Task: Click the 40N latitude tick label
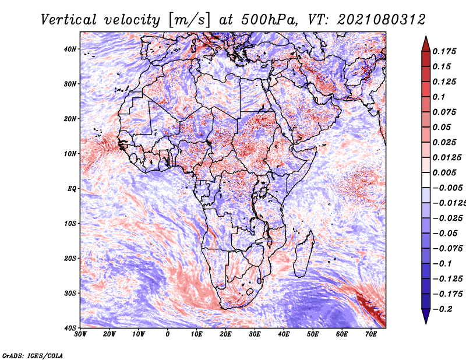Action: (x=70, y=49)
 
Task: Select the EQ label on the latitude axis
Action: (x=72, y=189)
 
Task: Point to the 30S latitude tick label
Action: (x=70, y=293)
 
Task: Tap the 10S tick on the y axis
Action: (x=70, y=223)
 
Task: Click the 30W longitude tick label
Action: (x=80, y=334)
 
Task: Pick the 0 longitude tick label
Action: (x=168, y=334)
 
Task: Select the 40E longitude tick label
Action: (x=284, y=334)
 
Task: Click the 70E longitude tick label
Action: (x=371, y=334)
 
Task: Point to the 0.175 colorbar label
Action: (x=444, y=51)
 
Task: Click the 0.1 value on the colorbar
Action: (x=439, y=97)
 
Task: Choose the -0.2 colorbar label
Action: (x=442, y=309)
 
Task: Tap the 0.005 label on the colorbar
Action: (x=444, y=172)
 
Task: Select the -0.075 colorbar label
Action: (x=447, y=249)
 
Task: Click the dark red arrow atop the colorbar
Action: (x=426, y=45)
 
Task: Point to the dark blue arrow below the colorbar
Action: (x=426, y=316)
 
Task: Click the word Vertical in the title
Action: (x=69, y=20)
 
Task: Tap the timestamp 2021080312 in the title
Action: (x=382, y=20)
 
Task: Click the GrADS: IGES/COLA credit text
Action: (x=33, y=356)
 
